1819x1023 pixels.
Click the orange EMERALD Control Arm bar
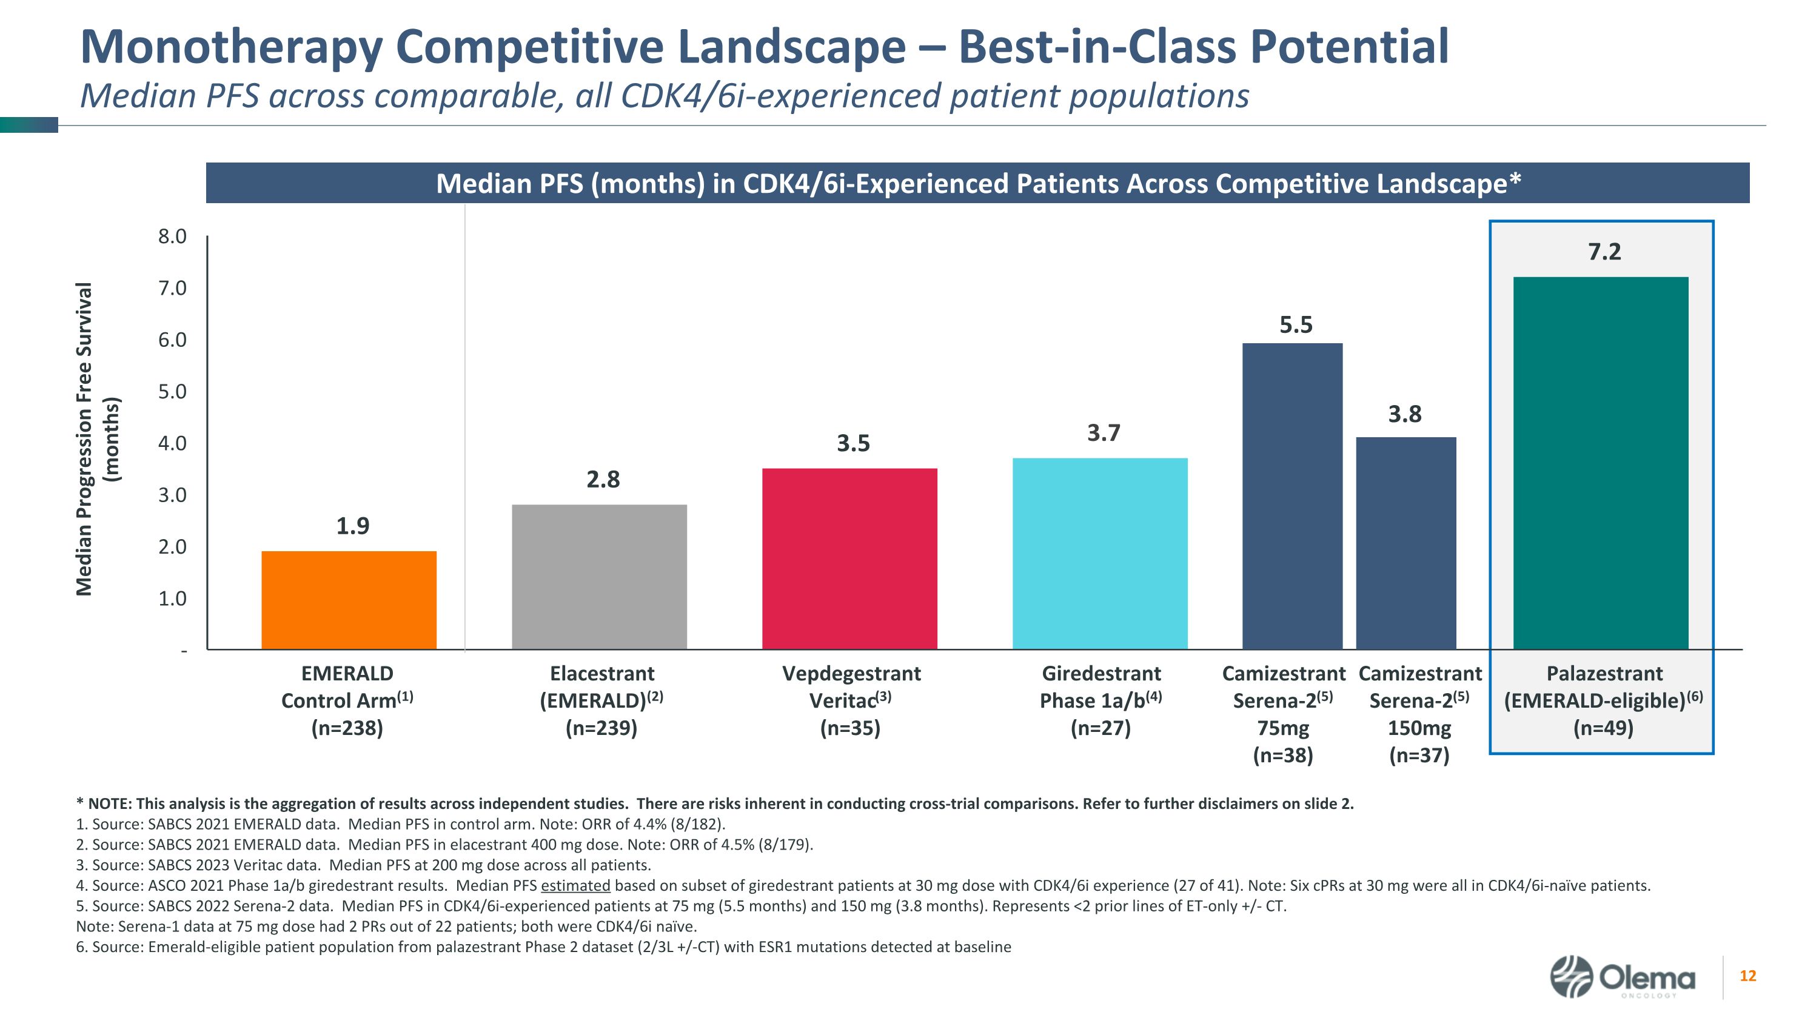pyautogui.click(x=349, y=600)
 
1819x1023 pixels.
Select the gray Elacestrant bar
pyautogui.click(x=599, y=577)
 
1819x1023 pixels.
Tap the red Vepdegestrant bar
pyautogui.click(x=849, y=558)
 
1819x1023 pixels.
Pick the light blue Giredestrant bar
pyautogui.click(x=1099, y=554)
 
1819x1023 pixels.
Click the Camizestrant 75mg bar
pyautogui.click(x=1292, y=496)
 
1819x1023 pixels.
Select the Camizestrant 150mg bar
pyautogui.click(x=1406, y=543)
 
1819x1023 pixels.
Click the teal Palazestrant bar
pyautogui.click(x=1601, y=463)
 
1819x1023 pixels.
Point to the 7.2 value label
pyautogui.click(x=1604, y=251)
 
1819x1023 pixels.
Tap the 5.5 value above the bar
pyautogui.click(x=1296, y=325)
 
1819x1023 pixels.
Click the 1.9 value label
pyautogui.click(x=352, y=526)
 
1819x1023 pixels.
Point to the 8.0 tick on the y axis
pyautogui.click(x=172, y=236)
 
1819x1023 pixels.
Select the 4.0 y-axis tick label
pyautogui.click(x=172, y=443)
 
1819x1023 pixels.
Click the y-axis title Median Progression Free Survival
pyautogui.click(x=85, y=439)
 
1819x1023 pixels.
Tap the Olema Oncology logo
pyautogui.click(x=1622, y=977)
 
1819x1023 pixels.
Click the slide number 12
pyautogui.click(x=1747, y=976)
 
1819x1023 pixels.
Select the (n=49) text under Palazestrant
pyautogui.click(x=1603, y=728)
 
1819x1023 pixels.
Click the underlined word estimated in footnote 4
pyautogui.click(x=575, y=885)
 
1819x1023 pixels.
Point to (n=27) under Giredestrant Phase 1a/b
pyautogui.click(x=1100, y=728)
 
